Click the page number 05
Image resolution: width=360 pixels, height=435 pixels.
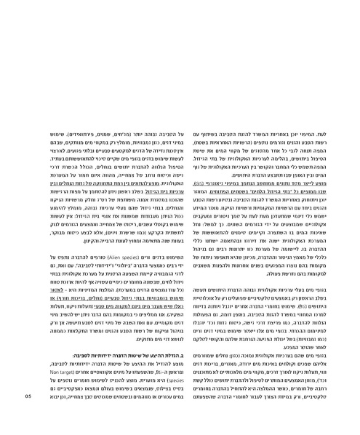pyautogui.click(x=28, y=417)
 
